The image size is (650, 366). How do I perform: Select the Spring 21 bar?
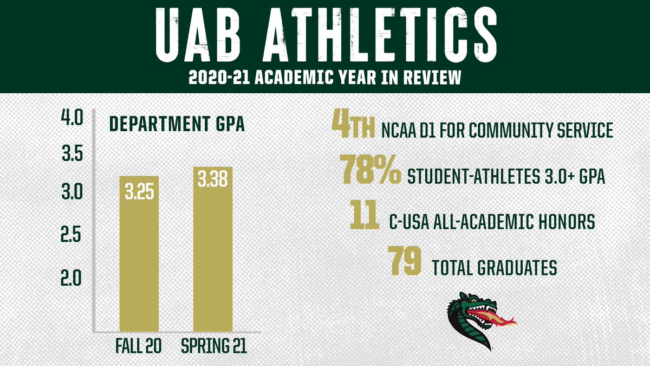tap(213, 249)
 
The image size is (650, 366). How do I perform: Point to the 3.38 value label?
tap(213, 181)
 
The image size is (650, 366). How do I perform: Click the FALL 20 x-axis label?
tap(138, 345)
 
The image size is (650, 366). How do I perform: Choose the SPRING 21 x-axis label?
tap(213, 345)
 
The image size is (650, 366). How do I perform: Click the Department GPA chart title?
tap(177, 124)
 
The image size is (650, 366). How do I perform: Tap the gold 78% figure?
tap(370, 169)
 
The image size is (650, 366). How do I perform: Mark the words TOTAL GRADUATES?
tap(495, 267)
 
